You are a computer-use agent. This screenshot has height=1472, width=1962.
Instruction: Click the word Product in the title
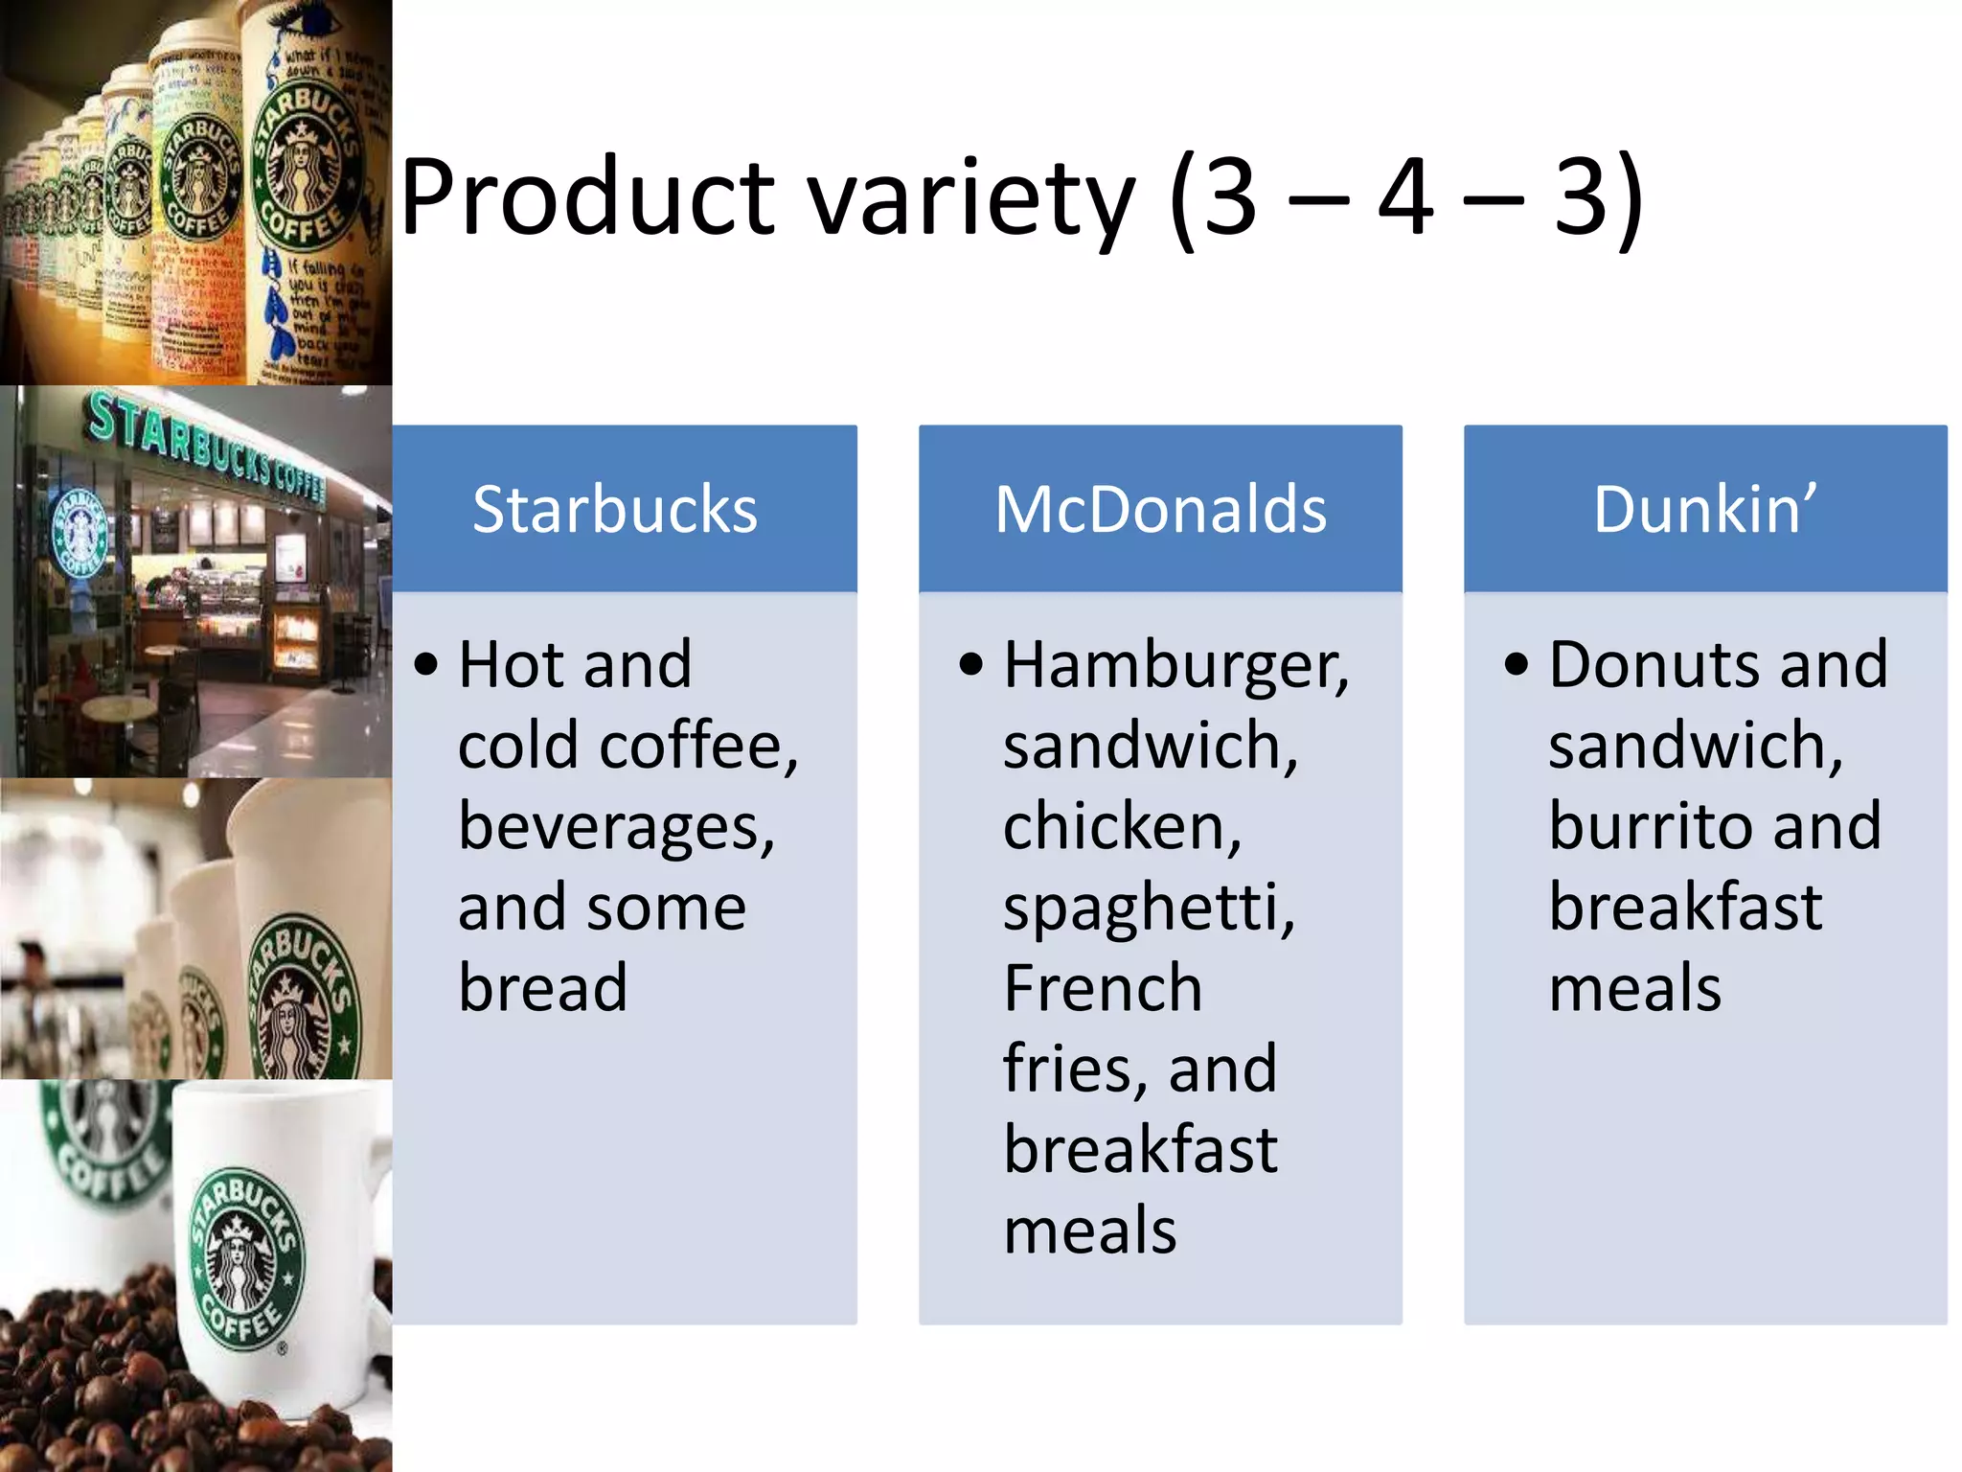point(586,199)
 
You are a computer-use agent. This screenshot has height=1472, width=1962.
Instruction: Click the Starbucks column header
point(615,509)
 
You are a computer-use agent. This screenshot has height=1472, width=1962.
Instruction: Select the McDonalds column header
point(1160,509)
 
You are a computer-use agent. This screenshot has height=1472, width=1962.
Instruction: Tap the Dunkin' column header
point(1704,509)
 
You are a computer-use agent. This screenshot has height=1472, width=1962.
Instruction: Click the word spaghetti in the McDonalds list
point(1148,908)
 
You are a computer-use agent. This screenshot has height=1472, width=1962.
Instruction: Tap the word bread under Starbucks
point(542,988)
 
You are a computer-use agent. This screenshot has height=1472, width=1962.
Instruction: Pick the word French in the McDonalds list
point(1102,988)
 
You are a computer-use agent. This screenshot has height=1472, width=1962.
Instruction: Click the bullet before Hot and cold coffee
point(426,664)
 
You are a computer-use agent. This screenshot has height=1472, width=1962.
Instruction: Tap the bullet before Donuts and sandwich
point(1517,664)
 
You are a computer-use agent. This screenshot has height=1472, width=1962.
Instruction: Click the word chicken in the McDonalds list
point(1121,827)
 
